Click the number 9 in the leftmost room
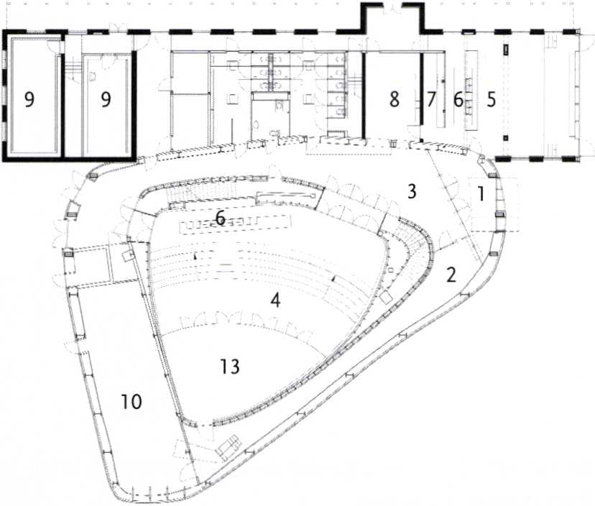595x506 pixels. (29, 99)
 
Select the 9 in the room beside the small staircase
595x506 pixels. (106, 99)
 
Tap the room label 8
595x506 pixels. (395, 99)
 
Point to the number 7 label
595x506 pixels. (430, 99)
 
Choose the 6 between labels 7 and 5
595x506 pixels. (458, 99)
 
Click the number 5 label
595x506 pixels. (491, 99)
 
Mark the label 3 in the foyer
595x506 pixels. (412, 192)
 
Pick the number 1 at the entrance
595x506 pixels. (481, 194)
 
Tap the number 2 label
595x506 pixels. (451, 275)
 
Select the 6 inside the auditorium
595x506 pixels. (220, 218)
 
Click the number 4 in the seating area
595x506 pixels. (275, 300)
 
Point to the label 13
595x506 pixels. (230, 367)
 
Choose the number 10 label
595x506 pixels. (132, 402)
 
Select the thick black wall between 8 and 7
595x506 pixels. (421, 88)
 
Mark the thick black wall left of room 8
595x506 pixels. (363, 95)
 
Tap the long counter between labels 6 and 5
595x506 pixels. (471, 90)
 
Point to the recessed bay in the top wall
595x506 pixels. (393, 17)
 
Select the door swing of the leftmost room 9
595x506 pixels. (55, 46)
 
